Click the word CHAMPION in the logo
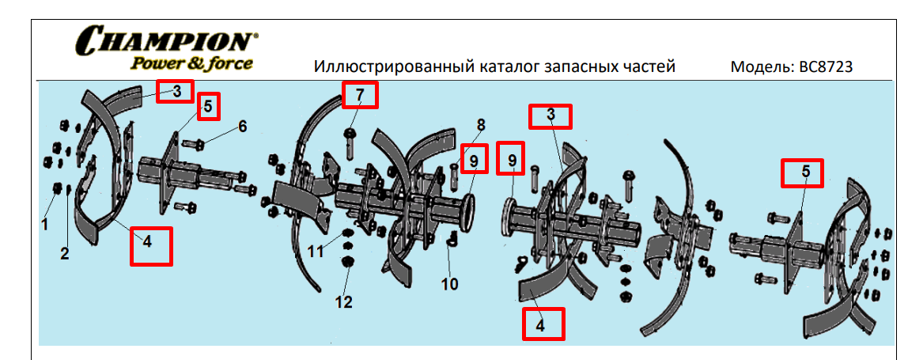[x=165, y=40]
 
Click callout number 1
[x=45, y=224]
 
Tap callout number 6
[x=242, y=126]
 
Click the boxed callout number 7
[x=360, y=96]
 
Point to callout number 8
[x=480, y=125]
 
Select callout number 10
[x=449, y=284]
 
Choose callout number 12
[x=343, y=301]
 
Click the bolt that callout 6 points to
[x=195, y=144]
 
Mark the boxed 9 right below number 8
[x=474, y=161]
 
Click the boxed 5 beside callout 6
[x=207, y=106]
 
